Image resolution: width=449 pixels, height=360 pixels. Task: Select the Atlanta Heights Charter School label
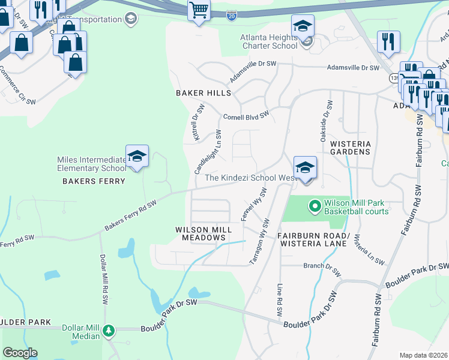[x=269, y=41]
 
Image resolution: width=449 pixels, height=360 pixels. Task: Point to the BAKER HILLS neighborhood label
[x=203, y=93]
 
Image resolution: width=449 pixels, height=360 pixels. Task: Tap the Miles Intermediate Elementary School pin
[x=137, y=157]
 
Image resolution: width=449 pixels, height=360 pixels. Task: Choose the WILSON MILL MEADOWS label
[x=201, y=233]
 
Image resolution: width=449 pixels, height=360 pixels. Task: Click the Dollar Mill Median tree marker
[x=109, y=331]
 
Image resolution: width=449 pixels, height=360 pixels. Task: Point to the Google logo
[x=20, y=353]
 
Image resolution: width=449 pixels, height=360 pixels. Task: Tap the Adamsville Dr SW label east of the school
[x=352, y=68]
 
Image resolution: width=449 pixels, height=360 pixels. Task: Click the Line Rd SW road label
[x=279, y=300]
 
